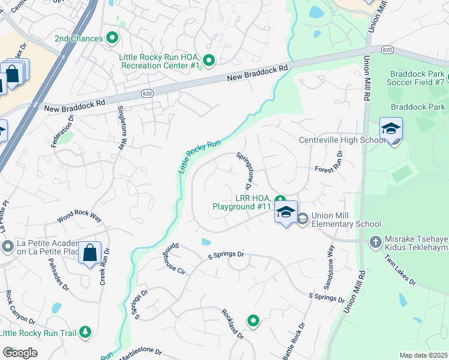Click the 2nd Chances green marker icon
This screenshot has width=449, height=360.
112,38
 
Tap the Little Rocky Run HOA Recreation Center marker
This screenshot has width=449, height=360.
209,60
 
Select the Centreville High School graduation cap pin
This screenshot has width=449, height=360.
391,129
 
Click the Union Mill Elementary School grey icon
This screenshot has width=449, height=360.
302,218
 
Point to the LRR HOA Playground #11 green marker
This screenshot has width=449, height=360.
280,200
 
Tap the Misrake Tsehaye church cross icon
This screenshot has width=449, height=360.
376,241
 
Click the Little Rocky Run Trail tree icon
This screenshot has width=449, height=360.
86,332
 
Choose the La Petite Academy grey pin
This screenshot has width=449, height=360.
8,246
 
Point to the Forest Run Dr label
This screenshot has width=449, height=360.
329,162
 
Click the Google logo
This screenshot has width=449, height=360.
20,353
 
